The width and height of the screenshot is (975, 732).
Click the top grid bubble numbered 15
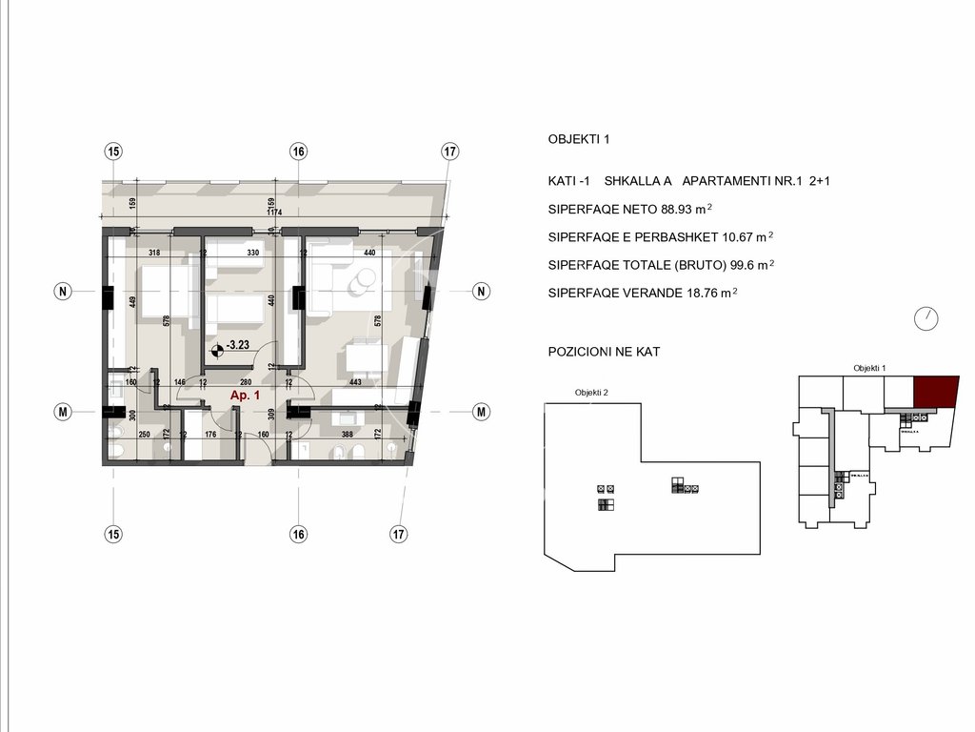point(114,152)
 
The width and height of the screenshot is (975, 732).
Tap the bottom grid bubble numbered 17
point(399,534)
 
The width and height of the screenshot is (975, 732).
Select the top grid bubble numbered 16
point(299,152)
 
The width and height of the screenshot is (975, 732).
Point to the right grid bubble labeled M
point(482,412)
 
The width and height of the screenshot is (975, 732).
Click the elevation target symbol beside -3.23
point(215,350)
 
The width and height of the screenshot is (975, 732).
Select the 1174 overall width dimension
point(275,213)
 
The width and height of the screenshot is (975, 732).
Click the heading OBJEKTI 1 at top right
point(578,139)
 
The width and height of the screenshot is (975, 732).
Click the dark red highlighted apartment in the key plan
point(935,391)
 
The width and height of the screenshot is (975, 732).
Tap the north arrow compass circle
point(925,319)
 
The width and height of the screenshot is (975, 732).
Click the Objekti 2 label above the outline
point(591,393)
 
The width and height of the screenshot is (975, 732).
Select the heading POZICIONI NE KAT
point(604,352)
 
